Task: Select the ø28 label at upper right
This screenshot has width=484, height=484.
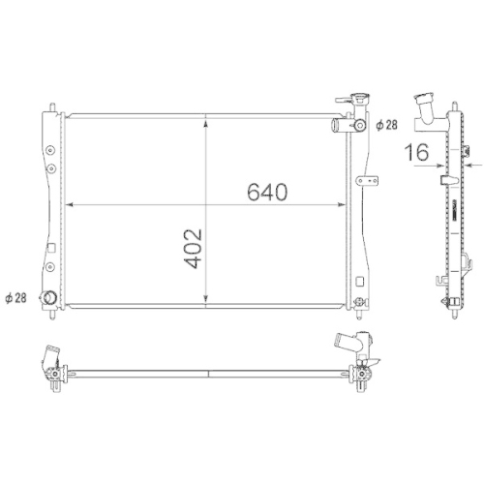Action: coord(385,126)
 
